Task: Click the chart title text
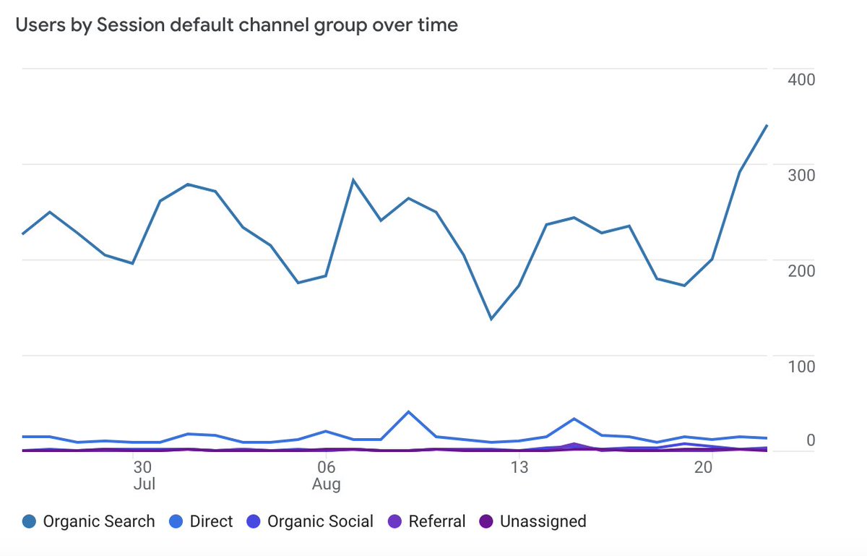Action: [x=236, y=25]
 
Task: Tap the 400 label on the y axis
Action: [x=801, y=79]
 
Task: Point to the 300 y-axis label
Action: [x=801, y=175]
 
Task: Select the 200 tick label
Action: [x=801, y=270]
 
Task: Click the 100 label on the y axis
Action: [x=801, y=367]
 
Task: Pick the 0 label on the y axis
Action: [x=810, y=440]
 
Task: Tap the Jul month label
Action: [x=144, y=484]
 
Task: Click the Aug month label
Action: [x=326, y=484]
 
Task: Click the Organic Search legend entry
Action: [x=89, y=521]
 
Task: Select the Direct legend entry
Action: [x=202, y=521]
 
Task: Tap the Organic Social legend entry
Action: [x=311, y=521]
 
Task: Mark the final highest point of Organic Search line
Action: [x=767, y=125]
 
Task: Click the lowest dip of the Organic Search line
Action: [x=491, y=319]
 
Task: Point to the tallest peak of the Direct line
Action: [x=409, y=412]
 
